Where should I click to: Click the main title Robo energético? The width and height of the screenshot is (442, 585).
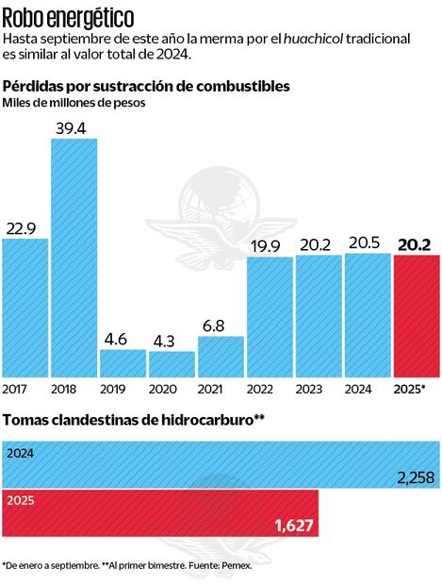[68, 16]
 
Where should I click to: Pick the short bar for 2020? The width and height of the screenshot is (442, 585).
[172, 364]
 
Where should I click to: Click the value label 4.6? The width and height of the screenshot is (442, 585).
[123, 337]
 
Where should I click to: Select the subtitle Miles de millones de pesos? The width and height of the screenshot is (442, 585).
[74, 103]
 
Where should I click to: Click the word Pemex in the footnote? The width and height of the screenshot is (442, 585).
[237, 565]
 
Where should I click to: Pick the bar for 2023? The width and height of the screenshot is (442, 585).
[319, 316]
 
